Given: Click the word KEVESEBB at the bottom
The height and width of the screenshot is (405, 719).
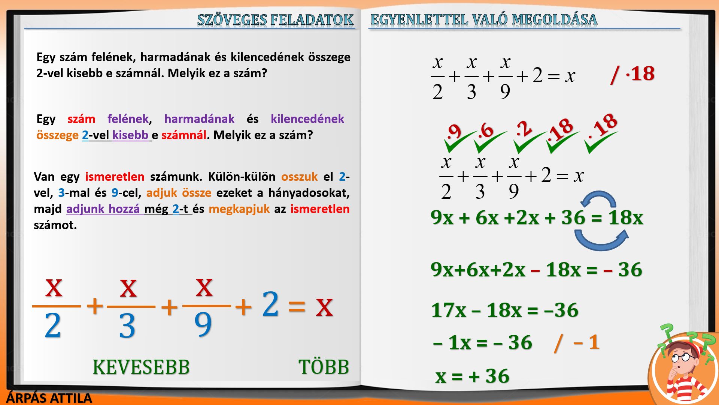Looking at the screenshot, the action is coord(141,367).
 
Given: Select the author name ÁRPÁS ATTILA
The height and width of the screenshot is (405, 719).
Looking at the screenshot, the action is coord(49,398).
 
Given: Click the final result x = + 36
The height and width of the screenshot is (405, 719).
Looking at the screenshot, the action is coord(472,376).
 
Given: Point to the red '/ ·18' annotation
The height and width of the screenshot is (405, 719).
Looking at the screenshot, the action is coord(632,74).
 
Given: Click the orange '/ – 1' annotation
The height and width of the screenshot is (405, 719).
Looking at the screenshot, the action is coord(577,343).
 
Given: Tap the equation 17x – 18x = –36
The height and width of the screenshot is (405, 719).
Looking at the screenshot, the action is coord(505,310).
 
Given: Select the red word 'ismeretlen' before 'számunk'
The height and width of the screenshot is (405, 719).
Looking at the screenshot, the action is coord(115,177).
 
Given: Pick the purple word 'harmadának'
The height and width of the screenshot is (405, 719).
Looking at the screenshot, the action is coord(199,119).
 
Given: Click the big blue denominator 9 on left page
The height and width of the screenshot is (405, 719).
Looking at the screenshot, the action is coord(203,324).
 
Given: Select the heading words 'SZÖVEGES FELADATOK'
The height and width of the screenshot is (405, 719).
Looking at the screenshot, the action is coord(275,19).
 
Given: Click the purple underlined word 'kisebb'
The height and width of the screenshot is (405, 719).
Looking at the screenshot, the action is coord(130,135).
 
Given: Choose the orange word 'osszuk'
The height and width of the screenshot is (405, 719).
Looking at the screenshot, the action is coord(299,177).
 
